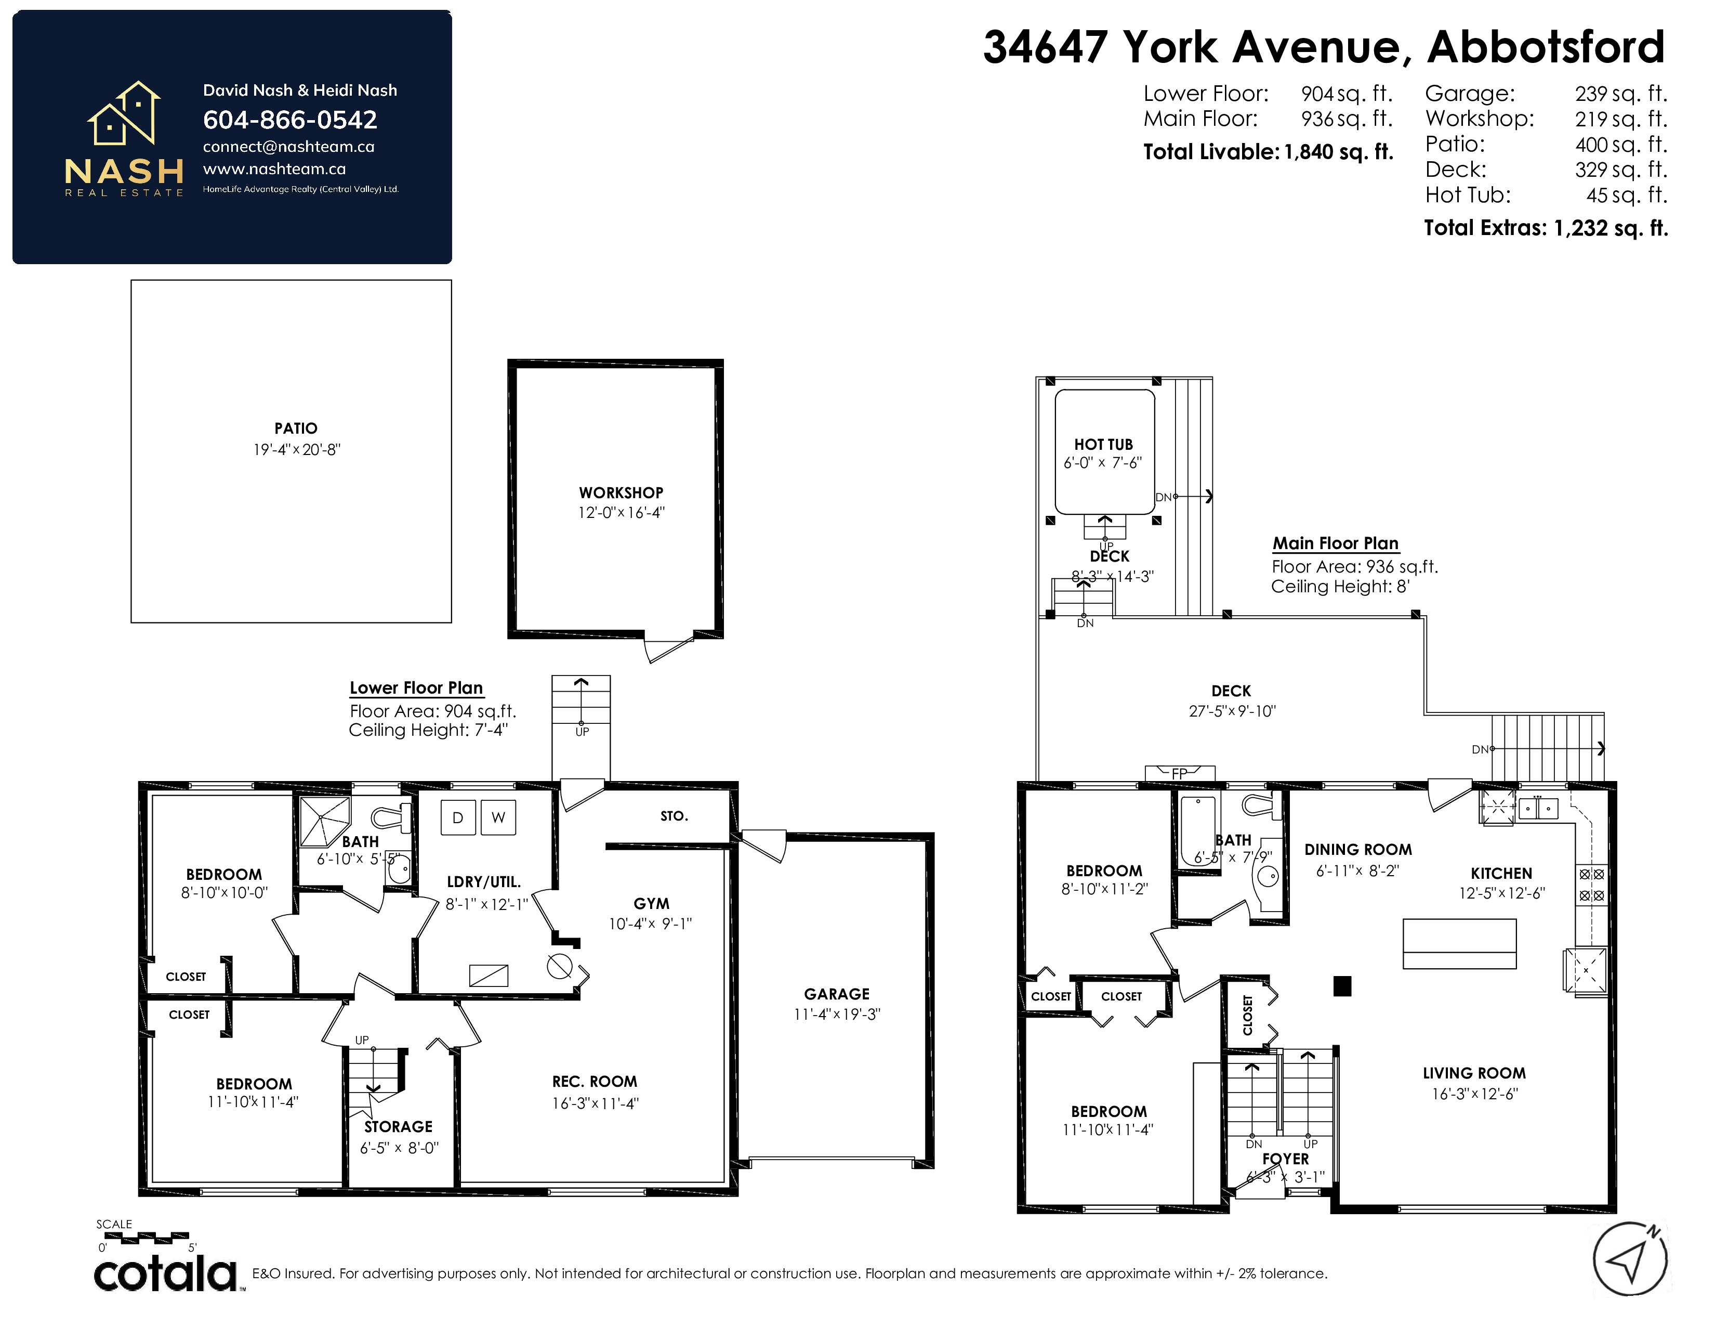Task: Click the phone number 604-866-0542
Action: click(x=290, y=120)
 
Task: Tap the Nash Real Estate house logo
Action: click(x=124, y=113)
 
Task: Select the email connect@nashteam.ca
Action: click(x=288, y=147)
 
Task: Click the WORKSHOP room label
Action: click(x=621, y=492)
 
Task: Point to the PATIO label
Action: click(x=296, y=428)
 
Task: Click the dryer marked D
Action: click(x=458, y=818)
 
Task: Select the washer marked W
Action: click(x=498, y=818)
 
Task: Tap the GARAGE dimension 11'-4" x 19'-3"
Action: click(x=837, y=1014)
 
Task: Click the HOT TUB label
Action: click(x=1103, y=445)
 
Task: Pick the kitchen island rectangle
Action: click(x=1459, y=943)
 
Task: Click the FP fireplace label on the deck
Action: click(x=1180, y=774)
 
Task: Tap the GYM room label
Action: click(x=652, y=903)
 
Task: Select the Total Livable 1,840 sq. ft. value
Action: click(x=1339, y=152)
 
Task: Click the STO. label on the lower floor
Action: click(x=674, y=816)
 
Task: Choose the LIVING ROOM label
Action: click(x=1474, y=1073)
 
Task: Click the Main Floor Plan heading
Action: click(x=1335, y=543)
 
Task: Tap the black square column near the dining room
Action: click(x=1342, y=986)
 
